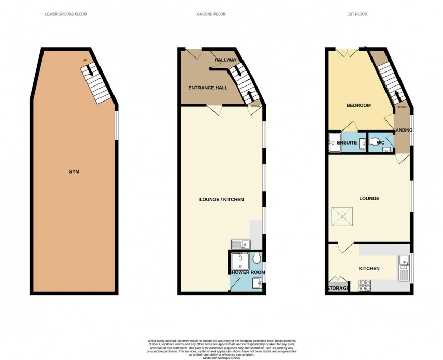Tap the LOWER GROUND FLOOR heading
tap(66, 14)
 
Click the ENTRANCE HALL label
tap(207, 88)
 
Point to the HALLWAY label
tap(225, 60)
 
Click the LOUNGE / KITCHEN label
tap(222, 200)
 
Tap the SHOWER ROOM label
tap(248, 272)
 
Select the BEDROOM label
tap(359, 106)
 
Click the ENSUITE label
tap(347, 142)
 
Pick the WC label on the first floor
tap(381, 142)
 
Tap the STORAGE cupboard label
tap(337, 288)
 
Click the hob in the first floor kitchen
tap(365, 285)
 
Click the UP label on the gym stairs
tap(85, 61)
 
